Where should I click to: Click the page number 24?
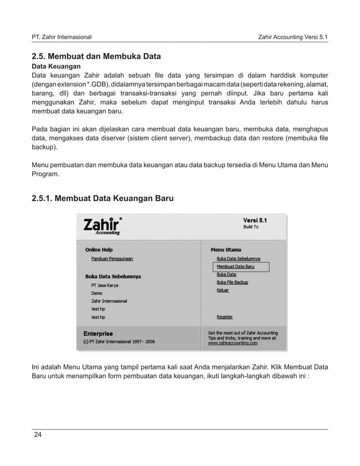[38, 434]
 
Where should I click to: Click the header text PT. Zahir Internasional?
[62, 37]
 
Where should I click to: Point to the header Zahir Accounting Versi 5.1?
[292, 37]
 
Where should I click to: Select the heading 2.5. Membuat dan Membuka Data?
[96, 56]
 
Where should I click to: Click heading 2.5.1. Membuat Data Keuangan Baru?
[102, 199]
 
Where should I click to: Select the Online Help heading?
[99, 249]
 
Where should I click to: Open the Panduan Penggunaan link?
[112, 258]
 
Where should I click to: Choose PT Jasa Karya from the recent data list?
[104, 285]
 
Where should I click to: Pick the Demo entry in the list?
[96, 293]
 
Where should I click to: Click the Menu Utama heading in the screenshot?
[226, 249]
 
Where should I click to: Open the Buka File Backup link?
[232, 282]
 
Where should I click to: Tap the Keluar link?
[223, 290]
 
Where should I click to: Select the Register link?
[225, 317]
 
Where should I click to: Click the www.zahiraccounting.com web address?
[232, 342]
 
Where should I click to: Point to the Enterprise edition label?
[98, 333]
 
